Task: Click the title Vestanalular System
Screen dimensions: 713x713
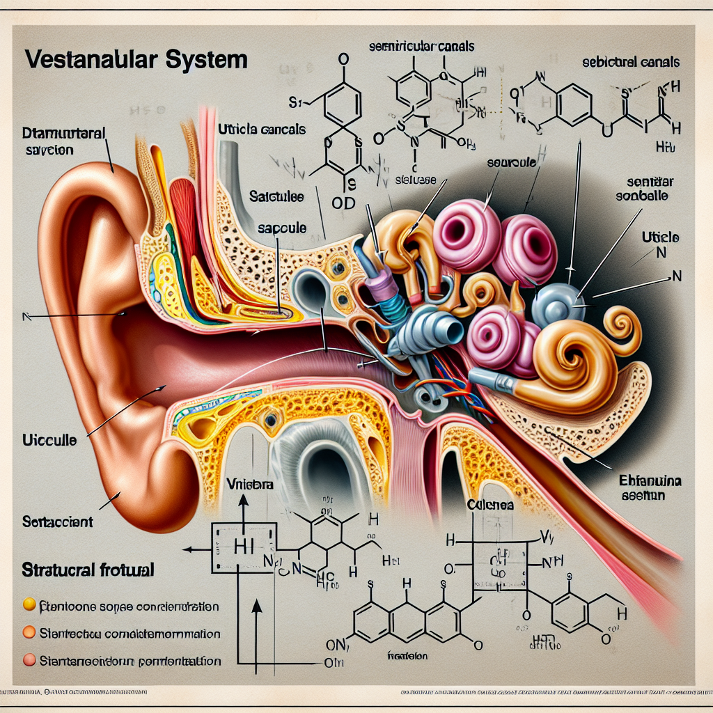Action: coord(136,58)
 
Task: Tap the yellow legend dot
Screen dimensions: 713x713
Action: coord(29,604)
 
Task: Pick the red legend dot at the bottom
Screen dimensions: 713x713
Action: coord(29,659)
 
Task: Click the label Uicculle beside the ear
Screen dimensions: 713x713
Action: coord(49,441)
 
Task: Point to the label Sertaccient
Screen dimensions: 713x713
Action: coord(57,520)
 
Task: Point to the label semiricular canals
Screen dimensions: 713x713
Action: coord(421,47)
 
